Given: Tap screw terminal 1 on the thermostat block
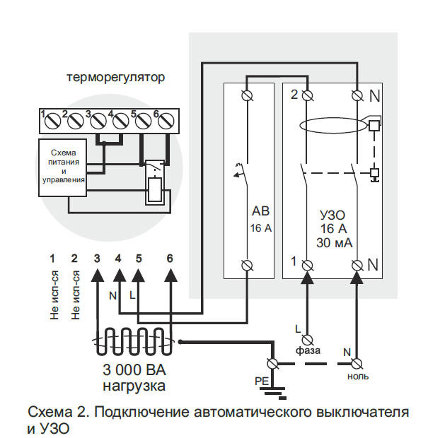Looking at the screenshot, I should point(51,121).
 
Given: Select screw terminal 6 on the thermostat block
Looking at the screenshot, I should point(166,121).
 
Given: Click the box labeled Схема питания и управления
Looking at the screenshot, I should point(62,166).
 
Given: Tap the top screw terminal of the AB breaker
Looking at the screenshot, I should point(248,95).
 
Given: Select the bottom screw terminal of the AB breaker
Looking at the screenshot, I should point(248,266).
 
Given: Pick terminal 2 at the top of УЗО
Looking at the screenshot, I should point(307,95).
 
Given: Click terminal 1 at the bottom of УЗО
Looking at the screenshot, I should point(307,266).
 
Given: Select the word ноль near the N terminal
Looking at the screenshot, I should point(357,377).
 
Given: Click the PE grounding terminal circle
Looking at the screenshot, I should point(272,364).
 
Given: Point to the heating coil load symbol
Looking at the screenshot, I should point(133,342).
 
